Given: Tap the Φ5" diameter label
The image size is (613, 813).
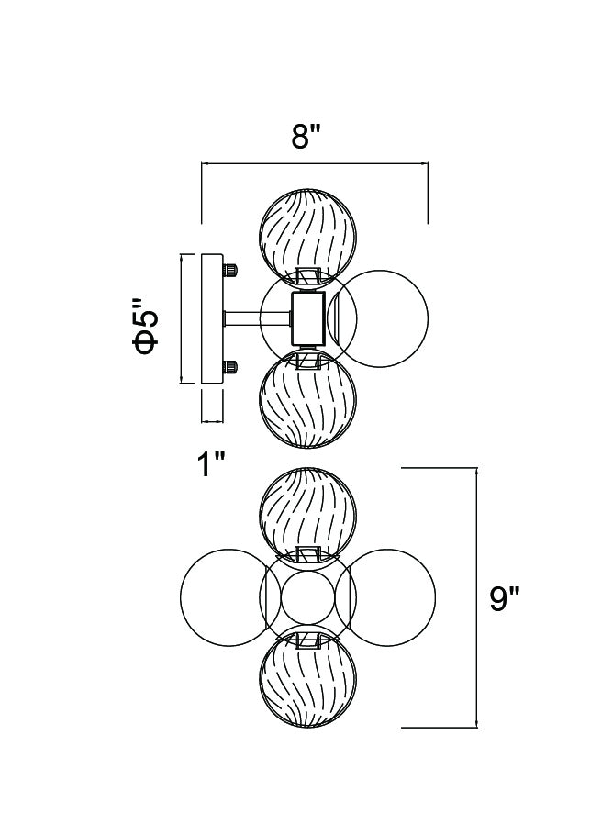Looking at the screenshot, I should pyautogui.click(x=145, y=325).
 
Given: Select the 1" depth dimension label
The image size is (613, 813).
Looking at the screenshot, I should pyautogui.click(x=211, y=465).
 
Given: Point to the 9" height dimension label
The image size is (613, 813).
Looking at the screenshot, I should pyautogui.click(x=504, y=599).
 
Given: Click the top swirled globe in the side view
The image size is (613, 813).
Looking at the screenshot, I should pyautogui.click(x=308, y=229).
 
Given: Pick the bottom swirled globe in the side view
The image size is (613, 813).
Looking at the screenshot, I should pyautogui.click(x=308, y=401).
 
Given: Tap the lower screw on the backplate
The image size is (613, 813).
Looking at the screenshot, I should pyautogui.click(x=229, y=367).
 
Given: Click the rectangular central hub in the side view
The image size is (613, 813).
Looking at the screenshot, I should pyautogui.click(x=308, y=317).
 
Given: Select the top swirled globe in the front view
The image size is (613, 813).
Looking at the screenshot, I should pyautogui.click(x=308, y=508).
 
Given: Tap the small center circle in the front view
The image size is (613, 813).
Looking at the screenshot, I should pyautogui.click(x=308, y=596).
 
